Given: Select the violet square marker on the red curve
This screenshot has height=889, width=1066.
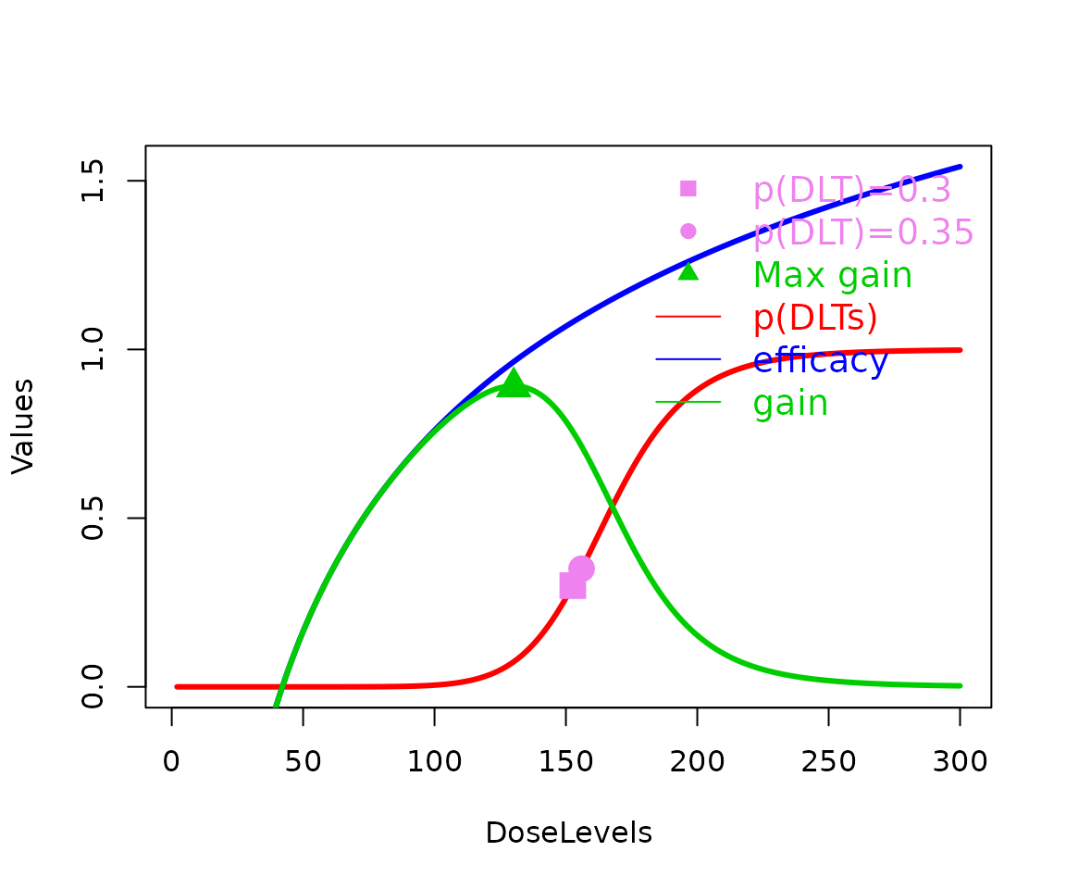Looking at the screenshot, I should click(x=573, y=586).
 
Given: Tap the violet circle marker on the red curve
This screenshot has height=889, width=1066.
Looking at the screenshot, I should click(x=581, y=569).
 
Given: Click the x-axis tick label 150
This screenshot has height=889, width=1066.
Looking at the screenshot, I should click(x=565, y=762).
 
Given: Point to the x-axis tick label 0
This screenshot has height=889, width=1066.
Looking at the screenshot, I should click(x=172, y=762).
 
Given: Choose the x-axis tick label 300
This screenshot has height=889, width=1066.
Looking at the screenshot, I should click(x=960, y=762).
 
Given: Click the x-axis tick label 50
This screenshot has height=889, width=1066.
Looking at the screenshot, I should click(x=304, y=762).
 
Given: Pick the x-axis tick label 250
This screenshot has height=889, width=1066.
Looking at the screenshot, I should click(x=828, y=762).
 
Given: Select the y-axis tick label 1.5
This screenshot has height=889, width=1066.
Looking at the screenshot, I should click(x=93, y=182).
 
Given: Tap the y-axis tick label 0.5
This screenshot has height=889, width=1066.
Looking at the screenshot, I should click(x=93, y=519).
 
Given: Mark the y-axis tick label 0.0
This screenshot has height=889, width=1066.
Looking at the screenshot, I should click(x=93, y=686).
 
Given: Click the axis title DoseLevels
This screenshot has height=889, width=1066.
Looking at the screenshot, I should click(x=568, y=833).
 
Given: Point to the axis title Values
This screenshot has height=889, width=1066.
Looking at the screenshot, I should click(x=23, y=426).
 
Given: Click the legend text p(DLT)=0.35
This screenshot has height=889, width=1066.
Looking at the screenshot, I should click(x=862, y=232).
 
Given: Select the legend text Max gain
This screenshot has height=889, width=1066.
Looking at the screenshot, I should click(x=832, y=275).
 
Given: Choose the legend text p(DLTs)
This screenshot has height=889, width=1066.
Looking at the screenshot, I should click(x=814, y=318).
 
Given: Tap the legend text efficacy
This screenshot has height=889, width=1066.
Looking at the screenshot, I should click(x=820, y=360).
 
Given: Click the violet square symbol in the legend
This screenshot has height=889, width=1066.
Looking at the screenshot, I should click(x=688, y=188).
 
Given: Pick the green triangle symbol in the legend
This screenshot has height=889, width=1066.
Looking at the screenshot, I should click(x=688, y=272).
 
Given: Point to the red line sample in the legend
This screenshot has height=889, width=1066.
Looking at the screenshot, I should click(x=688, y=317).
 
